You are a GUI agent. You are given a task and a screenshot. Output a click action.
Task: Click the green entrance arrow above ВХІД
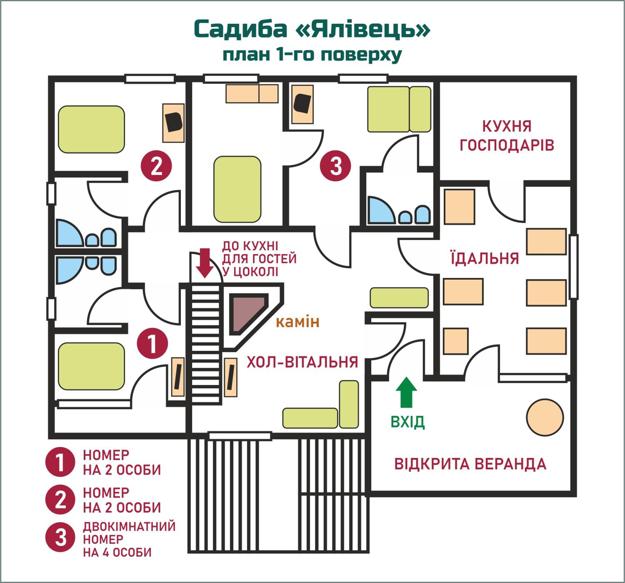(406, 392)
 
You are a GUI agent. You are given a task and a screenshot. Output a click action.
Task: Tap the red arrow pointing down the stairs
(205, 263)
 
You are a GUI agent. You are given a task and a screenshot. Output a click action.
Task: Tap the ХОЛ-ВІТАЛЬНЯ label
(302, 362)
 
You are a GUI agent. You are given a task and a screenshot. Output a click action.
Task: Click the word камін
(297, 322)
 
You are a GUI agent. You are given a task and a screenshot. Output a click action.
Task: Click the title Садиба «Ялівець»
(312, 29)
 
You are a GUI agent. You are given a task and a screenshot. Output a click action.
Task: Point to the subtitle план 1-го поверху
(312, 55)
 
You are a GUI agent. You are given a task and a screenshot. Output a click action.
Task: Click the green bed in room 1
(91, 366)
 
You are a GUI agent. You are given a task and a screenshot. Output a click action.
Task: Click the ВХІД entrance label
(407, 422)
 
